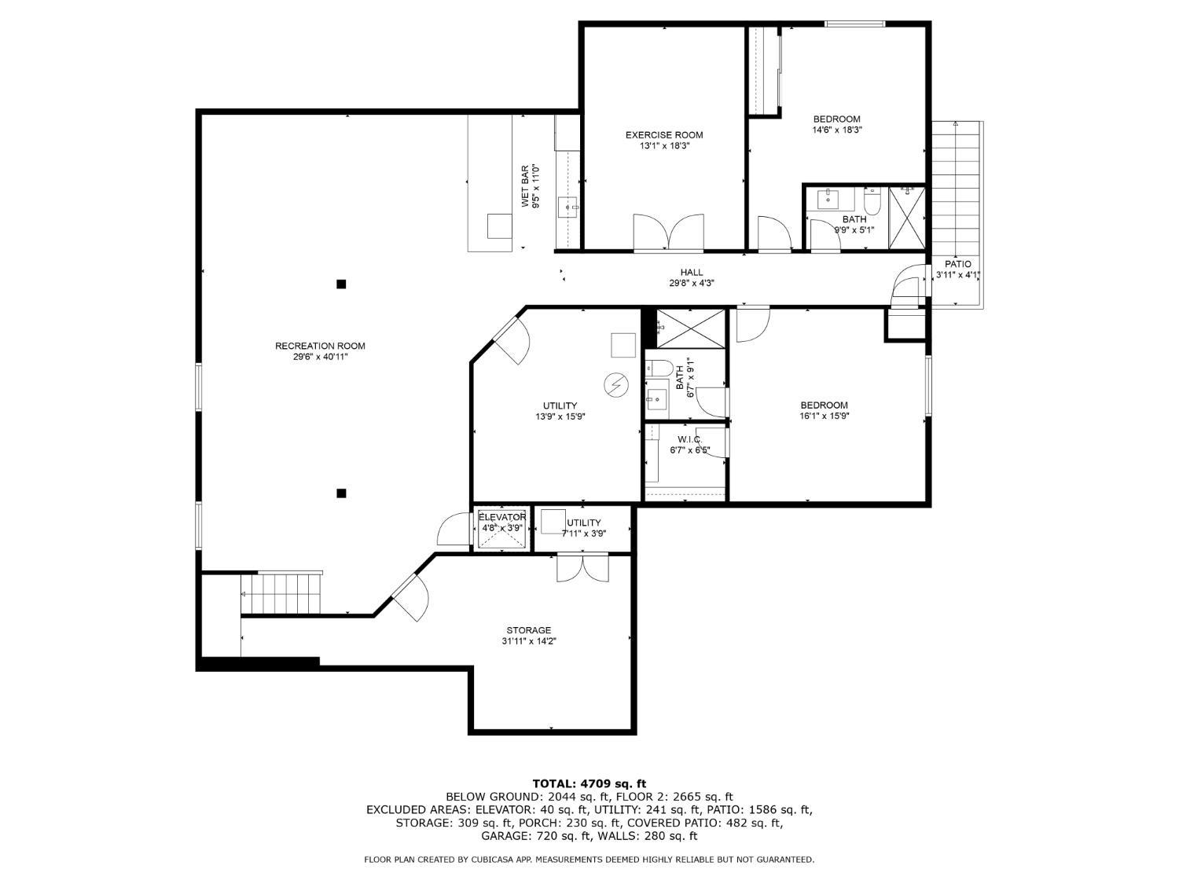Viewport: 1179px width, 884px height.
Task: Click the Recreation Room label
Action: (320, 347)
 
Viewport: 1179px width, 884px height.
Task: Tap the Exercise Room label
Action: (664, 135)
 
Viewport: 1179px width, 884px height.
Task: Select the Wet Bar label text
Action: (525, 185)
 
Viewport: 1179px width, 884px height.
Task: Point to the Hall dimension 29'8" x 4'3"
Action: (691, 284)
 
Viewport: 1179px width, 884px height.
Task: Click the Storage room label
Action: (528, 630)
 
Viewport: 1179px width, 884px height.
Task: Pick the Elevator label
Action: (502, 517)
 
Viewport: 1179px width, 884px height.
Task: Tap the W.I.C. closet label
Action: (689, 439)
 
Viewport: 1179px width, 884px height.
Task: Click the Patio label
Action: (957, 264)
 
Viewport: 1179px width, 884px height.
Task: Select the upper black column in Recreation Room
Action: (341, 284)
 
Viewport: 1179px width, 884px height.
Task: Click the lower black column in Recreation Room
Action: (341, 493)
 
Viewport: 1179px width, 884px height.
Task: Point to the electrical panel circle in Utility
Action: (616, 385)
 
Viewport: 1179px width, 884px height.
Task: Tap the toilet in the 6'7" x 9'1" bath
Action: (659, 369)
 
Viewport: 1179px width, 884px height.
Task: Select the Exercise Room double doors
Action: (668, 233)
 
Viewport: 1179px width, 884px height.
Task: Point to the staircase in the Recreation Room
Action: (281, 593)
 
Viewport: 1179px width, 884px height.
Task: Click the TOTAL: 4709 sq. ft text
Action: (589, 784)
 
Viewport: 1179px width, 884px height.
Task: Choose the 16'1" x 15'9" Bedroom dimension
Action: (824, 416)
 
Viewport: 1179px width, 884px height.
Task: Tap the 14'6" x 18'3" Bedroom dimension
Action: (837, 130)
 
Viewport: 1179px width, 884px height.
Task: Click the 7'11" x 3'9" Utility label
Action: (584, 528)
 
